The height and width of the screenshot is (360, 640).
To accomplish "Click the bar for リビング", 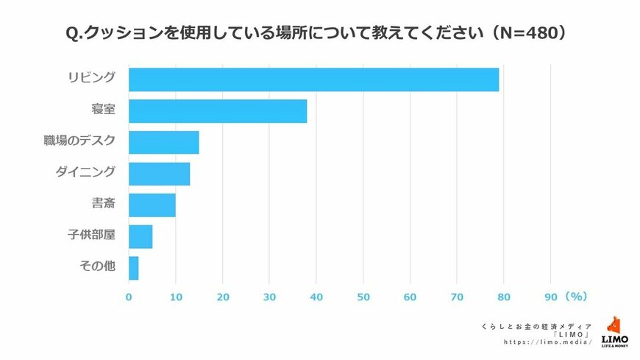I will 313,80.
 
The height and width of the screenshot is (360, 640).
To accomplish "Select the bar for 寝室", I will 218,111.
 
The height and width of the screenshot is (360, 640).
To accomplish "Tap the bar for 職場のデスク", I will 163,142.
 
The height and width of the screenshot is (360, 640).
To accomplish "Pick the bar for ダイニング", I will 159,174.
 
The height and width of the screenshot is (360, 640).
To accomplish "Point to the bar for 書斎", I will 152,205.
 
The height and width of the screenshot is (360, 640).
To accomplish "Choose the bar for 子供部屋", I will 140,236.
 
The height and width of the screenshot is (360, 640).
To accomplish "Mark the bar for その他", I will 133,268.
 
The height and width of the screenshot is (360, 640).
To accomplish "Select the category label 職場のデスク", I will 79,141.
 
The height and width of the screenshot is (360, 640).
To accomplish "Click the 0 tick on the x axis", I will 129,297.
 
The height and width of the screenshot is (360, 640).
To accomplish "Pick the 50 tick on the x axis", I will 363,297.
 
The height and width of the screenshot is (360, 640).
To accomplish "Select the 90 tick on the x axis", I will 550,297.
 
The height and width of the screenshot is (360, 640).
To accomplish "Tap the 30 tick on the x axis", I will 269,297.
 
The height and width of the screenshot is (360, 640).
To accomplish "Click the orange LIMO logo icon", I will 614,326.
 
